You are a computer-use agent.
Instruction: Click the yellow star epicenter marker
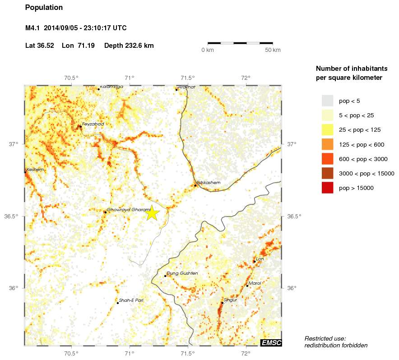click(153, 212)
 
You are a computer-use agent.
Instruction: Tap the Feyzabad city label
click(93, 124)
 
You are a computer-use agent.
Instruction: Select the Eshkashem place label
click(209, 182)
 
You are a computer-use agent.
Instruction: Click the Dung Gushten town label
click(182, 273)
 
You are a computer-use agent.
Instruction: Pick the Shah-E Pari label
click(131, 300)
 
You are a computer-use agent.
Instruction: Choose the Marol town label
click(255, 283)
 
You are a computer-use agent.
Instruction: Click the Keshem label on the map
click(36, 170)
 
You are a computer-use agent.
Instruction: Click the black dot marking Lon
click(254, 261)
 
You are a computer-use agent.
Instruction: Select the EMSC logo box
click(271, 343)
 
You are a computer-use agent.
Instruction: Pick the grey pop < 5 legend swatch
click(327, 101)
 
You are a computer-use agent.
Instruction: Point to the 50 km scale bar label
click(273, 50)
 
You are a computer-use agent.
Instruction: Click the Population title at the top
click(44, 8)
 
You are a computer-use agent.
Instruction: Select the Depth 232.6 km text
click(129, 46)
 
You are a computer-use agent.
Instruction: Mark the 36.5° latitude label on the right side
click(294, 217)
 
